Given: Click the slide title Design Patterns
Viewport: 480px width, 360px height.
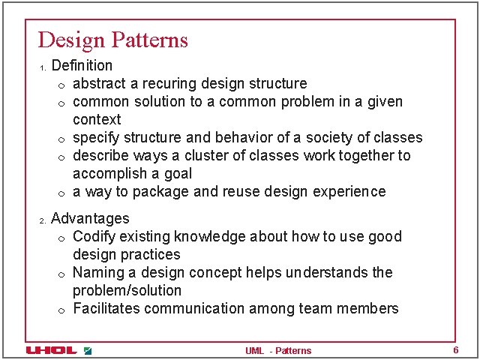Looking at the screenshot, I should pyautogui.click(x=112, y=40).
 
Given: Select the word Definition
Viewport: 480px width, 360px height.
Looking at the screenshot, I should pyautogui.click(x=82, y=66).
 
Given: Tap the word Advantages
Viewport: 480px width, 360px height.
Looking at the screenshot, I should pyautogui.click(x=90, y=219).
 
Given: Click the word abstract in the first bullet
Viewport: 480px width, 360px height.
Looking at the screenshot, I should pyautogui.click(x=100, y=83).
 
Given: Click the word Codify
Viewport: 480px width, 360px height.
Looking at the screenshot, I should pyautogui.click(x=94, y=236).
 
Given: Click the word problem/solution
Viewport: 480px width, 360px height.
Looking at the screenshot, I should pyautogui.click(x=127, y=290).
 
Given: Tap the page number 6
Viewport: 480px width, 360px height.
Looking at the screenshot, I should pyautogui.click(x=455, y=350).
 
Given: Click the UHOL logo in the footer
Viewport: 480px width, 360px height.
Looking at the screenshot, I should pyautogui.click(x=51, y=350).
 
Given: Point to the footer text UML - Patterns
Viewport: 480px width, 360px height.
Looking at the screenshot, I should pyautogui.click(x=277, y=350).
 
